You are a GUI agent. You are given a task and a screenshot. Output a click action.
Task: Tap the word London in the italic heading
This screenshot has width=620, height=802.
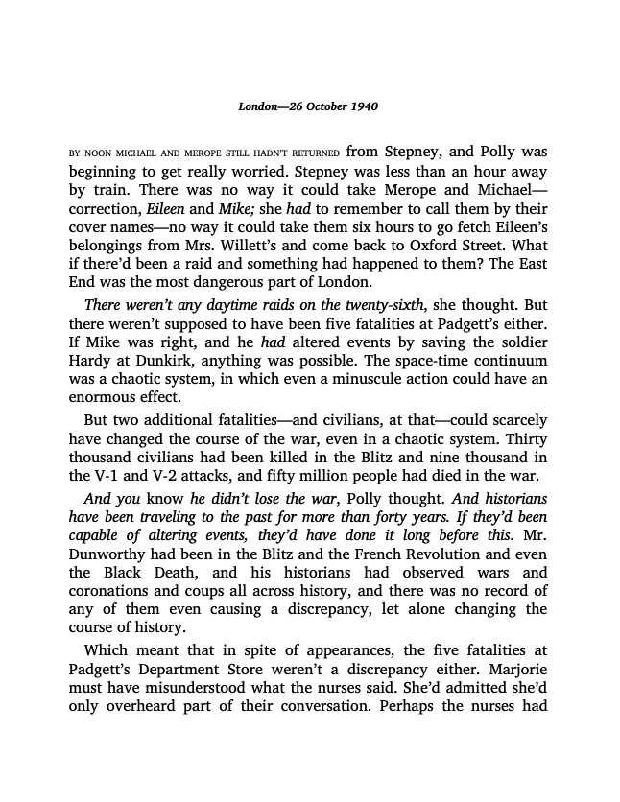point(257,105)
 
